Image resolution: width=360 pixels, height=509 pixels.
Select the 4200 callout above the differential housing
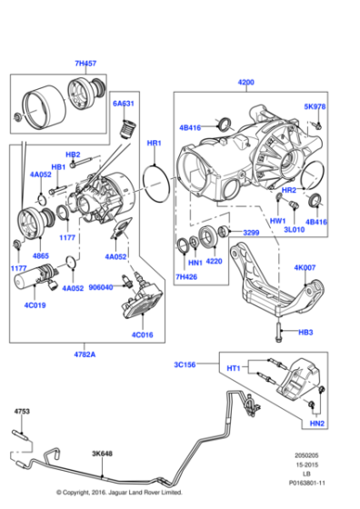click(246, 82)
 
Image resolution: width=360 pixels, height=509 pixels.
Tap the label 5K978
click(314, 106)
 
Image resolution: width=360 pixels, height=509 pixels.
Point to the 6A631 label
click(125, 104)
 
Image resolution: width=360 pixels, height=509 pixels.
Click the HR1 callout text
click(154, 145)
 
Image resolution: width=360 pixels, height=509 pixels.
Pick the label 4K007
click(305, 268)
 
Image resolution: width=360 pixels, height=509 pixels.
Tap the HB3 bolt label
click(305, 333)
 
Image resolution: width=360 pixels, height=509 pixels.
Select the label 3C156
click(186, 364)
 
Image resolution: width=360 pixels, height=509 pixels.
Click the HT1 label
click(233, 369)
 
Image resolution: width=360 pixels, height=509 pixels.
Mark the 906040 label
click(103, 286)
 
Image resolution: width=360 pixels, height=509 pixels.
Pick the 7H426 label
click(186, 276)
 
